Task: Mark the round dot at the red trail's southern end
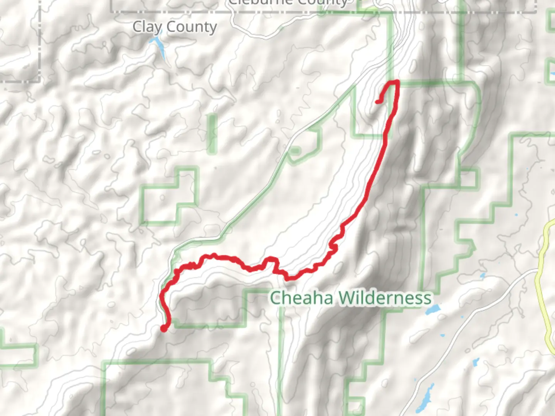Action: coord(164,328)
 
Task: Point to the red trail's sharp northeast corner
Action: coord(397,82)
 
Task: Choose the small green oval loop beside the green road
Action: coord(295,151)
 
